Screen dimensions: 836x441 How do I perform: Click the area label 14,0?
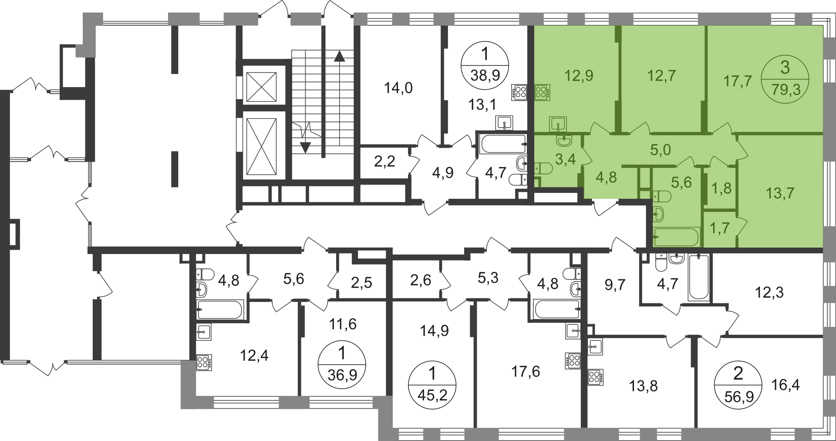398,88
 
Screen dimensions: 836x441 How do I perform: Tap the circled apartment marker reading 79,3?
785,80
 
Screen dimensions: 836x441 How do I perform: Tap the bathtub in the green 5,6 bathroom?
676,237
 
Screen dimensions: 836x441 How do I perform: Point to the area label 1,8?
721,188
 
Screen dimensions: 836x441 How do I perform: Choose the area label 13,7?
780,193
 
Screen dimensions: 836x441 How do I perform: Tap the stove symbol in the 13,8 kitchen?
596,377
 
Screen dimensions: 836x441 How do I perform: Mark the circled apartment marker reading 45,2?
432,386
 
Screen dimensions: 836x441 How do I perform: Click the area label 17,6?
525,371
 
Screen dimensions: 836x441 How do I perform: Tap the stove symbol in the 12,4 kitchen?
204,363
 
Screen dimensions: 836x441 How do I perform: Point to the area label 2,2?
384,162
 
